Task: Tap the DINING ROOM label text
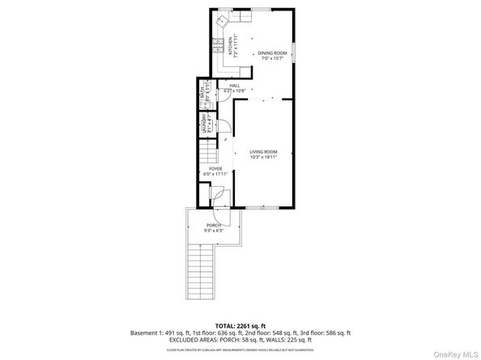pyautogui.click(x=273, y=53)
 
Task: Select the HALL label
pyautogui.click(x=235, y=85)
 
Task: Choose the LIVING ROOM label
pyautogui.click(x=263, y=151)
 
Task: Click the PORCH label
pyautogui.click(x=214, y=225)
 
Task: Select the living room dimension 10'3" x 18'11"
pyautogui.click(x=263, y=157)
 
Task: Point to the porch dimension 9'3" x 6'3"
pyautogui.click(x=214, y=231)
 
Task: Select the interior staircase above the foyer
pyautogui.click(x=209, y=149)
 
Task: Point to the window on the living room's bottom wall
pyautogui.click(x=258, y=206)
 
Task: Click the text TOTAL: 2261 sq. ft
pyautogui.click(x=240, y=325)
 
